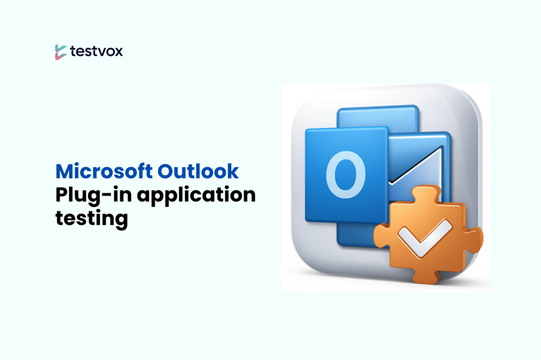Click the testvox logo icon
(x=60, y=52)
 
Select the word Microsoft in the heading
(x=104, y=172)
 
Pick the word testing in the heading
(x=92, y=218)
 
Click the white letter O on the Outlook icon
(x=346, y=174)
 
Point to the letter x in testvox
(x=118, y=52)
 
